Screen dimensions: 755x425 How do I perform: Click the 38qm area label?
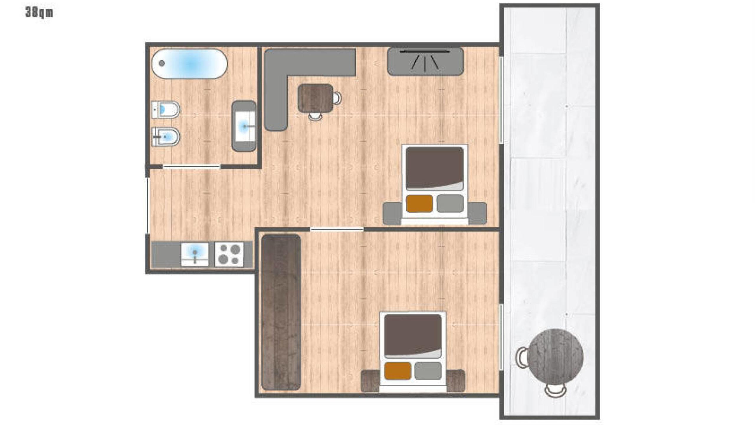pyautogui.click(x=39, y=13)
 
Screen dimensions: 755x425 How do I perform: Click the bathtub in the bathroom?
pyautogui.click(x=189, y=64)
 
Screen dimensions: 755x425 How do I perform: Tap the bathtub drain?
pyautogui.click(x=162, y=63)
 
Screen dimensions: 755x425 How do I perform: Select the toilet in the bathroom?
pyautogui.click(x=165, y=110)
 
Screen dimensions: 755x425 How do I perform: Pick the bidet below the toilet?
pyautogui.click(x=165, y=137)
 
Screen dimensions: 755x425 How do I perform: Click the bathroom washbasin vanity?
pyautogui.click(x=244, y=126)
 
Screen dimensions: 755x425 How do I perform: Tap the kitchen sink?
pyautogui.click(x=195, y=254)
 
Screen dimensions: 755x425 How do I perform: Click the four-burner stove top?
pyautogui.click(x=229, y=254)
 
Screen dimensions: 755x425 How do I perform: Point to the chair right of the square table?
pyautogui.click(x=337, y=98)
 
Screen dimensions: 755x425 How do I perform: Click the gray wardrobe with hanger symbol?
pyautogui.click(x=425, y=61)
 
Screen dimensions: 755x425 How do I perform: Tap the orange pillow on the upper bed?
pyautogui.click(x=419, y=203)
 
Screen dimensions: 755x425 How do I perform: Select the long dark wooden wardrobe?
pyautogui.click(x=281, y=312)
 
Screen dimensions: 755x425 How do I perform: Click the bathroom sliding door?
pyautogui.click(x=192, y=167)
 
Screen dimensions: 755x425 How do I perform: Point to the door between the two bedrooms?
pyautogui.click(x=337, y=229)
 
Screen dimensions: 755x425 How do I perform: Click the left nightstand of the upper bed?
pyautogui.click(x=393, y=213)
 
